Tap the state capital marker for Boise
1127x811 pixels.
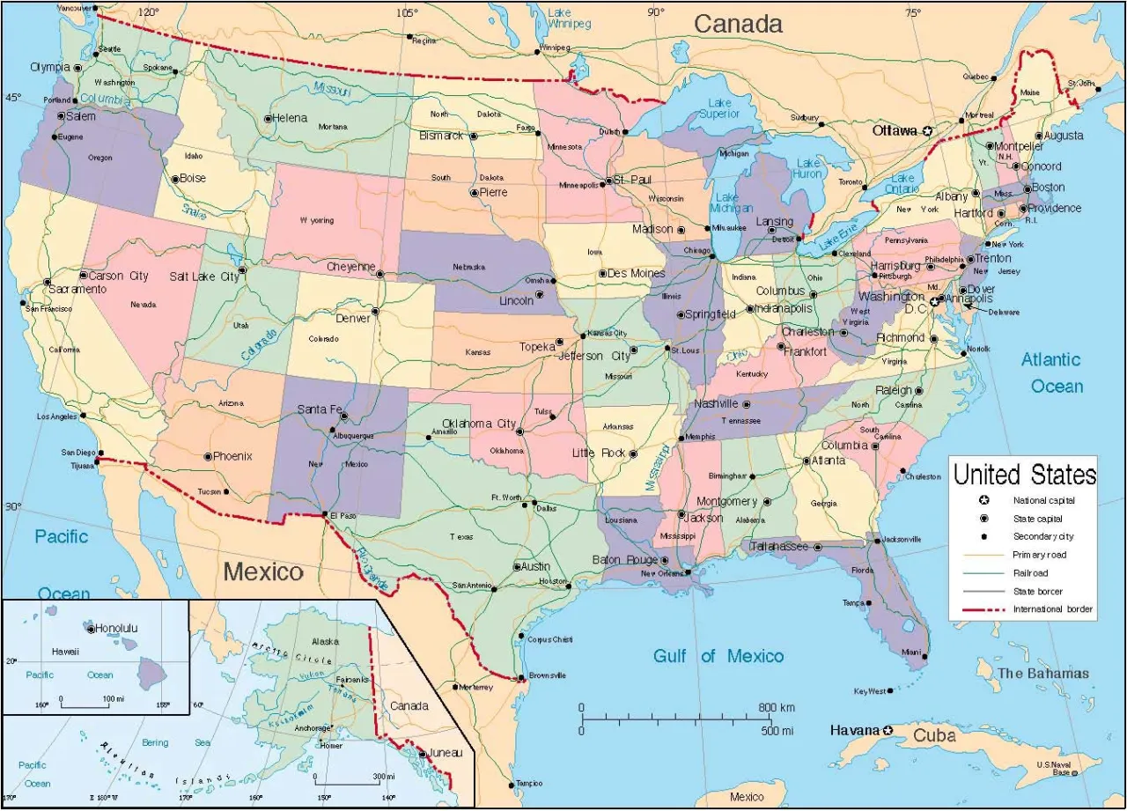(175, 179)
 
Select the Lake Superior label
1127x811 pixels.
(716, 108)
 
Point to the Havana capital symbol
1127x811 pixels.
(888, 730)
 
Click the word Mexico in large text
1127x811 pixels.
(262, 572)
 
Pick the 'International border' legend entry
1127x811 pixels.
(1052, 609)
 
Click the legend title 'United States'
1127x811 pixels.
(1025, 475)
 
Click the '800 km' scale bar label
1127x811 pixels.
(777, 708)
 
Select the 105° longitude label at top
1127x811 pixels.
(407, 12)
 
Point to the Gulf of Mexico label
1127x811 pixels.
(718, 656)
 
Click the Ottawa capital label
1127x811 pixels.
(895, 130)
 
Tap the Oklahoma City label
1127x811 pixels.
(478, 424)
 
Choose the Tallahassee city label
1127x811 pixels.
(778, 547)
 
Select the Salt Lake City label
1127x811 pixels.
(204, 276)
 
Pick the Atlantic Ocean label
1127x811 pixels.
(1051, 372)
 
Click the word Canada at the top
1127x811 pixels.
(738, 25)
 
